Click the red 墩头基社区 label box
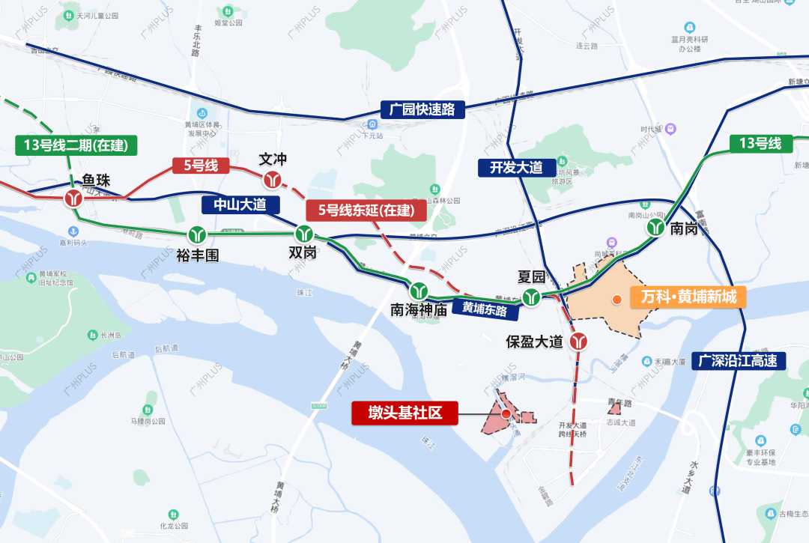click(x=404, y=413)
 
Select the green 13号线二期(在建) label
click(x=76, y=145)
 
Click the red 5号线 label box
click(x=201, y=166)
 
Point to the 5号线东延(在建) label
click(x=366, y=210)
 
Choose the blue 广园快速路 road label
click(x=422, y=109)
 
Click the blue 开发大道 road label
click(x=516, y=168)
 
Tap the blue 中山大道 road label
click(x=240, y=204)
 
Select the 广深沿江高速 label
click(x=739, y=361)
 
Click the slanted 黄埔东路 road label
click(x=484, y=308)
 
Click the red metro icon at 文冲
click(x=273, y=179)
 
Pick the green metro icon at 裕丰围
click(x=198, y=234)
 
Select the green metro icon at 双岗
click(x=303, y=233)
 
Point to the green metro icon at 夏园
click(x=532, y=297)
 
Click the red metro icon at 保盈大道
click(x=578, y=342)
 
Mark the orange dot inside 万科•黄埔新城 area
click(x=616, y=300)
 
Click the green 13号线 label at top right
click(x=760, y=143)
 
